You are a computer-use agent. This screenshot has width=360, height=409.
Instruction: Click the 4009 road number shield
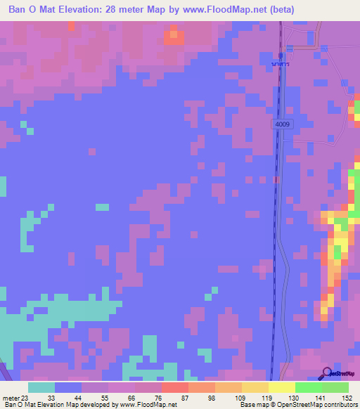point(283,124)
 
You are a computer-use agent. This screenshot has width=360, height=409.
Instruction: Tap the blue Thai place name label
point(281,64)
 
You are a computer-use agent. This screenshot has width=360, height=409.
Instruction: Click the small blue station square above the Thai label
point(281,55)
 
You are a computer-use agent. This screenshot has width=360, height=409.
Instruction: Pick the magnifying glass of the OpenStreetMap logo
point(328,373)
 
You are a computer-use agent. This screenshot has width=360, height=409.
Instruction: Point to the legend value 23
point(27,397)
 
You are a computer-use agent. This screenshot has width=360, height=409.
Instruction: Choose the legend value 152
point(347,397)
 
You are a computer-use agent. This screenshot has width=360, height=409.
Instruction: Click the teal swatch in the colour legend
point(41,387)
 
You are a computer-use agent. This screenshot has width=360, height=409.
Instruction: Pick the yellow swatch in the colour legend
point(282,387)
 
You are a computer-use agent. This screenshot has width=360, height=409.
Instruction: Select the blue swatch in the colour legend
point(68,387)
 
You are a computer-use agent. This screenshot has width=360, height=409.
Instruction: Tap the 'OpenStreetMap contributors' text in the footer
point(323,405)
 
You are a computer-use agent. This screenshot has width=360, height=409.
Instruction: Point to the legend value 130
point(293,397)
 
